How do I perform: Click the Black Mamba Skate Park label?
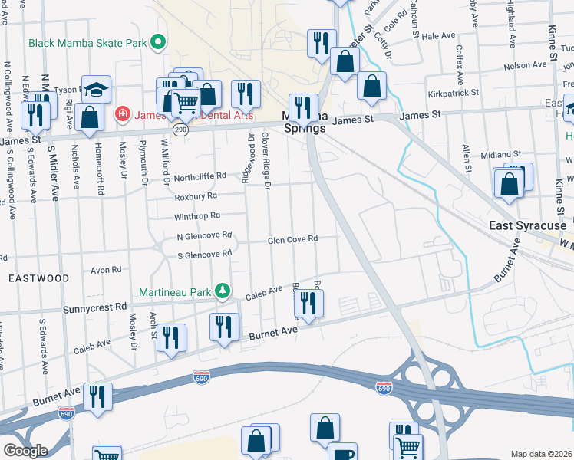(87, 42)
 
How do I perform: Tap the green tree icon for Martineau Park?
(223, 291)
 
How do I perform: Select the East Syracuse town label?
(528, 226)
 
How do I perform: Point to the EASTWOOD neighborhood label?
(30, 278)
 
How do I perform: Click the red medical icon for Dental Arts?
(121, 115)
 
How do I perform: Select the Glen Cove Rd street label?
(292, 240)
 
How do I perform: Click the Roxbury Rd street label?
(197, 195)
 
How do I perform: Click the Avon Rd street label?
(106, 270)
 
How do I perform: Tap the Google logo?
(25, 450)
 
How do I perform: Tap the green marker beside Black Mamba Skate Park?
(159, 41)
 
